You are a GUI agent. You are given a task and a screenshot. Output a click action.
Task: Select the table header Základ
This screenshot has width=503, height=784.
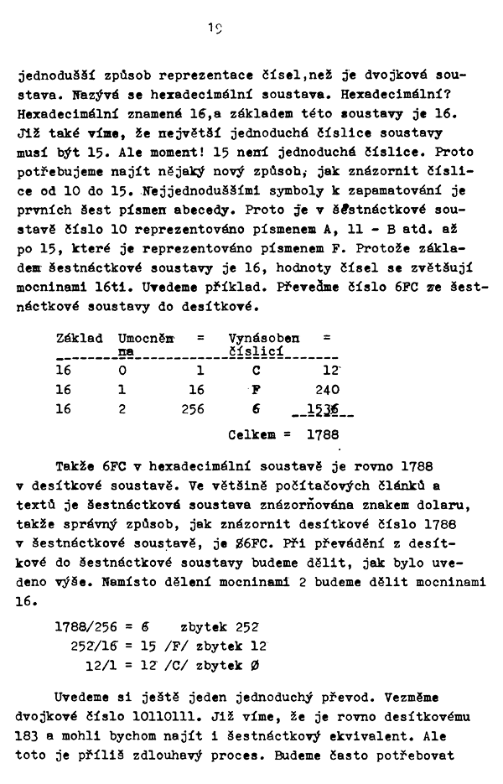[x=79, y=338]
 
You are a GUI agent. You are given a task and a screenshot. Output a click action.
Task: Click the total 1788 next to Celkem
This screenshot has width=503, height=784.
[x=322, y=435]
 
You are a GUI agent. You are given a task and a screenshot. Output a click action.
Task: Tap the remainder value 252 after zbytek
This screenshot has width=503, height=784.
[x=248, y=626]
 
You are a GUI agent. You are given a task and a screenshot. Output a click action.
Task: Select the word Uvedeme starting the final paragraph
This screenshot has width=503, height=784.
[x=83, y=697]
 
